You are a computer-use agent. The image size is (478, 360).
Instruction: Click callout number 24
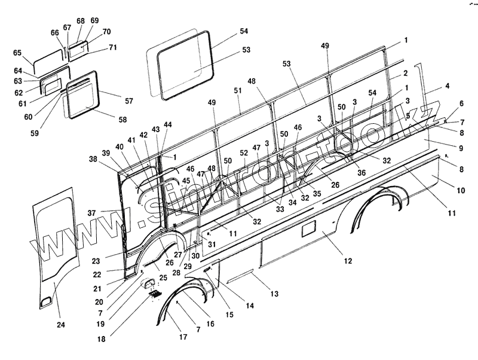[x=60, y=325]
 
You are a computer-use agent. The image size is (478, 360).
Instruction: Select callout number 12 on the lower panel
[x=348, y=261]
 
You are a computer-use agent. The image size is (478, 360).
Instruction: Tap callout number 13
[x=274, y=294]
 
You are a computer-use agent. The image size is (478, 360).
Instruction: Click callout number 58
[x=122, y=120]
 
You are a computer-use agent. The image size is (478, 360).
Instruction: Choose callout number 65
[x=17, y=53]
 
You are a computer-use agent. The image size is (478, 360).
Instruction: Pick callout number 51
[x=238, y=90]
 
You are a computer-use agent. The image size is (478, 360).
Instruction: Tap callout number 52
[x=243, y=153]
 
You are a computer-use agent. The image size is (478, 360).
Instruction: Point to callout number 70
[x=106, y=32]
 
